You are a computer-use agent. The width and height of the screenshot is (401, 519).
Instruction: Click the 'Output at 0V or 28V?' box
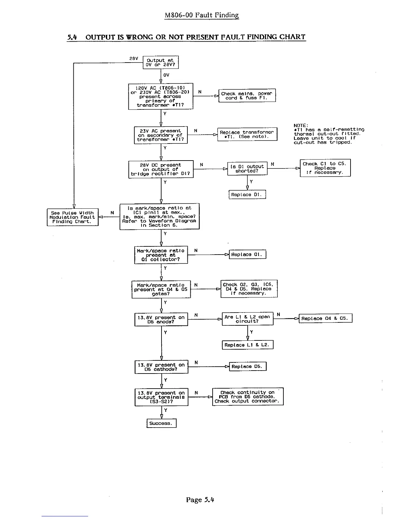161,62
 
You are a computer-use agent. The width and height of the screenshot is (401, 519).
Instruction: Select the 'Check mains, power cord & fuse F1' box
247,95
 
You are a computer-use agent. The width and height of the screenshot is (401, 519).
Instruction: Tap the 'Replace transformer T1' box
247,134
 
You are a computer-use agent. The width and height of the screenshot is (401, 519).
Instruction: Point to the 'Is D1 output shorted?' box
247,168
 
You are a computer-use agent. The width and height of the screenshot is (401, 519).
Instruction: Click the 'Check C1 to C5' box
325,168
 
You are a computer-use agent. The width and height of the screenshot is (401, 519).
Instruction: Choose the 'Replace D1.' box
247,195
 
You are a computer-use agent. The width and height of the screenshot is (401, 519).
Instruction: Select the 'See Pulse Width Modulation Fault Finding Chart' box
72,217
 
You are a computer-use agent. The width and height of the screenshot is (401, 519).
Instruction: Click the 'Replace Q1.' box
247,255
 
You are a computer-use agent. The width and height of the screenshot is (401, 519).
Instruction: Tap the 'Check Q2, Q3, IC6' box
249,289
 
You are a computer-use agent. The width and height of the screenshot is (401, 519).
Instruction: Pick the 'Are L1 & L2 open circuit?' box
247,319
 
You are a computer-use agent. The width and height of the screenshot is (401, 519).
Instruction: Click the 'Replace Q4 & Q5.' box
325,318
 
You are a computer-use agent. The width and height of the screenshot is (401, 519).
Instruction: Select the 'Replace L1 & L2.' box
247,345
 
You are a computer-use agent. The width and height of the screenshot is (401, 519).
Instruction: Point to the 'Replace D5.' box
248,367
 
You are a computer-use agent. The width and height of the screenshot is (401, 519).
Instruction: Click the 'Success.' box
161,423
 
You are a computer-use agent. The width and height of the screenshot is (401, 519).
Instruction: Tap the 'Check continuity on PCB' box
248,397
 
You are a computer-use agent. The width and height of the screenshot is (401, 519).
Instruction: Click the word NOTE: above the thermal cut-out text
300,125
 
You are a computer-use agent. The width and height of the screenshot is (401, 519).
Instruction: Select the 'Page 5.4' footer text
200,500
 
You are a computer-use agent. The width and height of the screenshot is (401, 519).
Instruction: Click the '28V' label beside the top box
133,59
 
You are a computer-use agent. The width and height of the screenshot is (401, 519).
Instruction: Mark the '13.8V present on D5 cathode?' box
161,367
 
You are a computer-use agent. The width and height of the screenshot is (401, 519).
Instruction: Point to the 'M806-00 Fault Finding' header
201,15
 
